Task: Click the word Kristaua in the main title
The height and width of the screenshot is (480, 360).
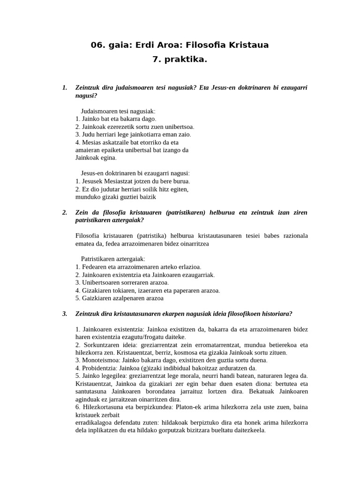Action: coord(249,45)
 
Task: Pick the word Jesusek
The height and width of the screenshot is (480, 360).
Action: coord(92,181)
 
